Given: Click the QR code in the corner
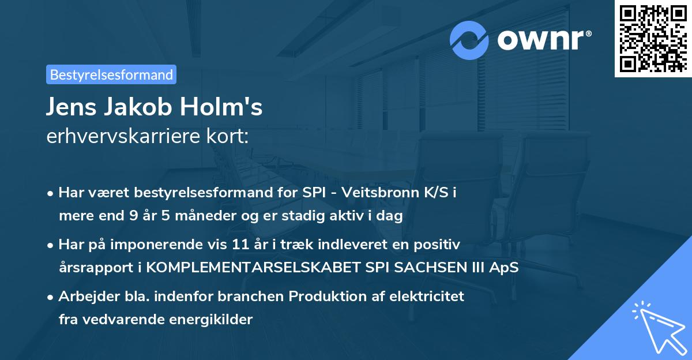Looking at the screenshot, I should [x=653, y=39].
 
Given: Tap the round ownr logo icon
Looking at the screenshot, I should [x=469, y=40].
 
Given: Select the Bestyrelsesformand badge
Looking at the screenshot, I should [x=111, y=74].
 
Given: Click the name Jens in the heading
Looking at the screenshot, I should [x=70, y=107].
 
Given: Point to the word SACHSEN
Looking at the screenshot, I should [x=426, y=268].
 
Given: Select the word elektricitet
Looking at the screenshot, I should [x=428, y=297].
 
